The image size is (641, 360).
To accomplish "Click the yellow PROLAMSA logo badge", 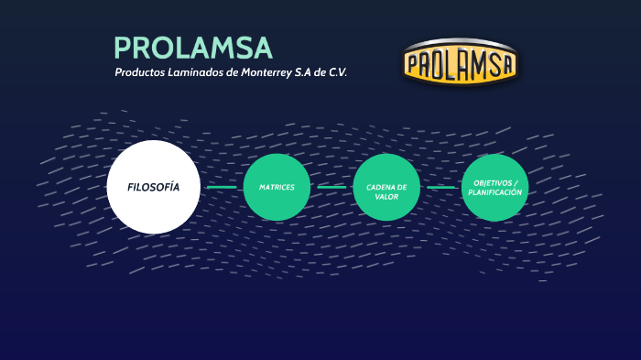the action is (460, 63).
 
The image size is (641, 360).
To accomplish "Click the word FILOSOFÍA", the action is (153, 187).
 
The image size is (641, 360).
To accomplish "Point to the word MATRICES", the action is (277, 188).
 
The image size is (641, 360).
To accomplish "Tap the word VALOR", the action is (386, 197).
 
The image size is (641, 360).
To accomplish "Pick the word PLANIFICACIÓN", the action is (495, 193).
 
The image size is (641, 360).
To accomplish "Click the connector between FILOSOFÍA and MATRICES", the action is (222, 188).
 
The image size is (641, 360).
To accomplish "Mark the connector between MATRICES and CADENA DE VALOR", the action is (331, 188).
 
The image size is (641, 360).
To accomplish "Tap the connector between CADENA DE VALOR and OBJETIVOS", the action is (440, 188).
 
